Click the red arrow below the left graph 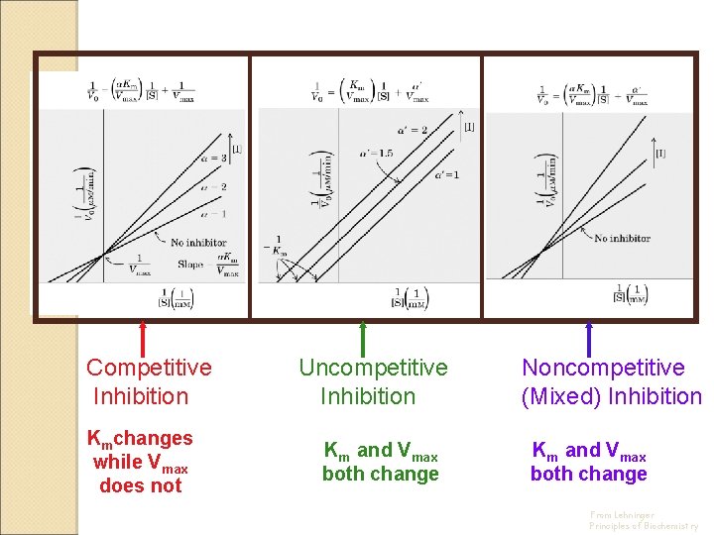pos(143,338)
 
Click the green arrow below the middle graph pos(363,338)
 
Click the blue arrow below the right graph pos(589,338)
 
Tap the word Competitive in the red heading pos(149,368)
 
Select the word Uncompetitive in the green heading pos(373,368)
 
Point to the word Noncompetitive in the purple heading pos(603,368)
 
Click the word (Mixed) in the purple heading pos(562,396)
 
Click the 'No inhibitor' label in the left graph pos(198,243)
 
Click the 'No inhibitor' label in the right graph pos(622,238)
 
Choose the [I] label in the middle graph pos(469,127)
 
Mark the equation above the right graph pos(592,94)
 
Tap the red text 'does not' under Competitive pos(141,485)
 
